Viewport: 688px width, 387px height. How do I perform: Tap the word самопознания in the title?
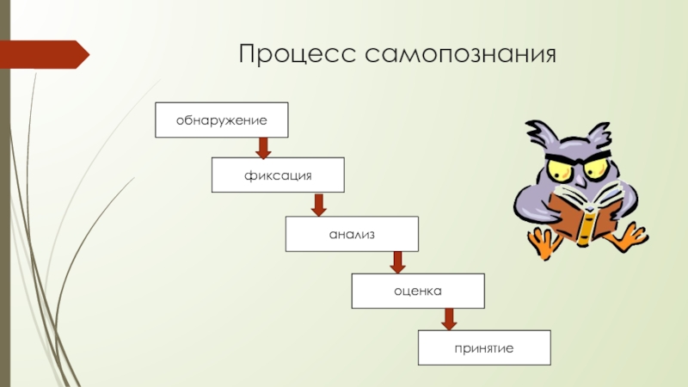(x=461, y=58)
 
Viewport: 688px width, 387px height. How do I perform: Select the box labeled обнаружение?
(x=221, y=120)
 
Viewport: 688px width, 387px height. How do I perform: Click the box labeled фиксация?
(x=279, y=175)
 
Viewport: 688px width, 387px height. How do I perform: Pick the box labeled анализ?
(x=352, y=234)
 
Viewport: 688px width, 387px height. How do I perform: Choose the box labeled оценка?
(x=418, y=291)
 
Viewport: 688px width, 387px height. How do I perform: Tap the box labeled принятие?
(x=484, y=347)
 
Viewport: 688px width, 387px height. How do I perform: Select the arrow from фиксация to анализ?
(x=318, y=205)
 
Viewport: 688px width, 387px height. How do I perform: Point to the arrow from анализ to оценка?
(x=398, y=261)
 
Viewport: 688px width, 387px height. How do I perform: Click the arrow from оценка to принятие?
(x=448, y=318)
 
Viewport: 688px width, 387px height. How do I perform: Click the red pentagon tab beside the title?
(x=47, y=54)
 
